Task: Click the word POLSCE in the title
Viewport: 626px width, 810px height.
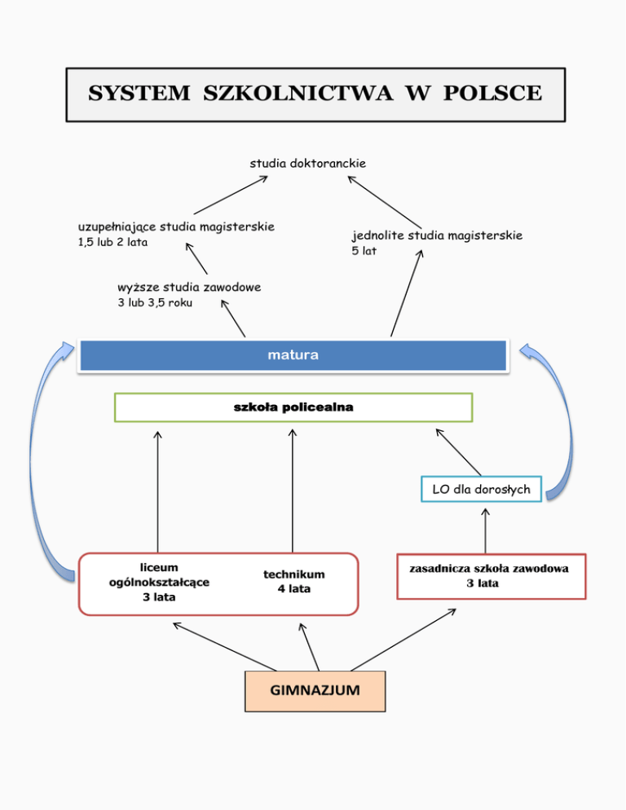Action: coord(492,94)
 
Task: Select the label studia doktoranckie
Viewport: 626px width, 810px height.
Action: coord(307,163)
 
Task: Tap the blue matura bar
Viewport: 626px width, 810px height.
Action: coord(293,356)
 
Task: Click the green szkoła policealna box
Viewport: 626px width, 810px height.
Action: coord(293,407)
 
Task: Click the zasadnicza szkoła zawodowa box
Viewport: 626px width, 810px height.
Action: coord(491,576)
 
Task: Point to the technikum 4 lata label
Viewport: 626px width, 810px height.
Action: coord(293,582)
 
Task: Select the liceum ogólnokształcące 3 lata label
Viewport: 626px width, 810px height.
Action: coord(159,582)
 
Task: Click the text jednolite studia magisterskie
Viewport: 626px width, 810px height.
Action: coord(437,236)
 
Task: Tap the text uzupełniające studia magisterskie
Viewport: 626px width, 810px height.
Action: coord(175,226)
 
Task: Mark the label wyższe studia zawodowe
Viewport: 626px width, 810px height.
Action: coord(189,287)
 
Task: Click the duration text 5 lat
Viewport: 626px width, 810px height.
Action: coord(364,252)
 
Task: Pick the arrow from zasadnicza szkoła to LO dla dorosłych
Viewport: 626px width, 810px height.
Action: coord(485,530)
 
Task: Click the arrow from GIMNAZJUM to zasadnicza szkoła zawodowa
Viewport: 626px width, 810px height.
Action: coord(403,640)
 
